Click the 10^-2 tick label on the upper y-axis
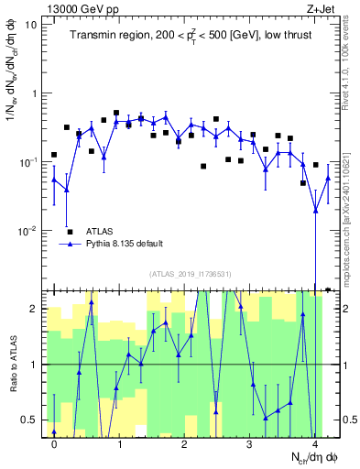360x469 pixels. point(28,230)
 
